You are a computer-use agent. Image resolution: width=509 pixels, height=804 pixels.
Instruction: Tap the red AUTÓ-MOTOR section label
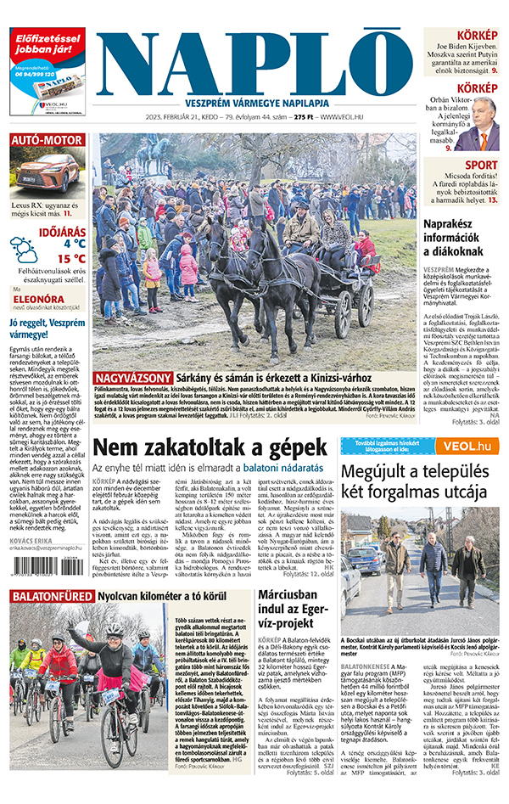pyautogui.click(x=48, y=140)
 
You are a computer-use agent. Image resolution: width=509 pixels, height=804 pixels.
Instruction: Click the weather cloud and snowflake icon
pyautogui.click(x=24, y=250)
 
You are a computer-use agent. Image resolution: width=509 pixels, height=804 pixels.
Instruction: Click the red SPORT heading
pyautogui.click(x=481, y=166)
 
